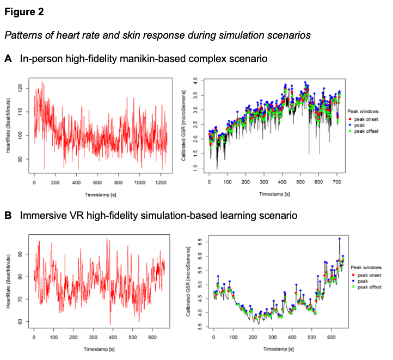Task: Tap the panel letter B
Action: [x=8, y=216]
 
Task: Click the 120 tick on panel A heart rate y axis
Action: [x=21, y=87]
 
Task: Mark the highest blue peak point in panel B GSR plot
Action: [x=340, y=239]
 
